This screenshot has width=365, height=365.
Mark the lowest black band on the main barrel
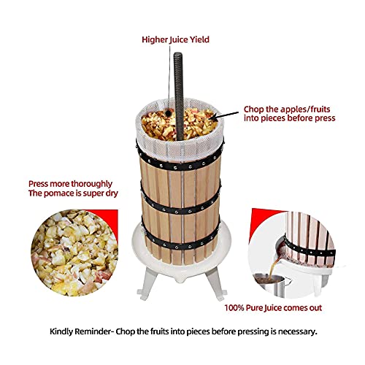[x=177, y=242]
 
